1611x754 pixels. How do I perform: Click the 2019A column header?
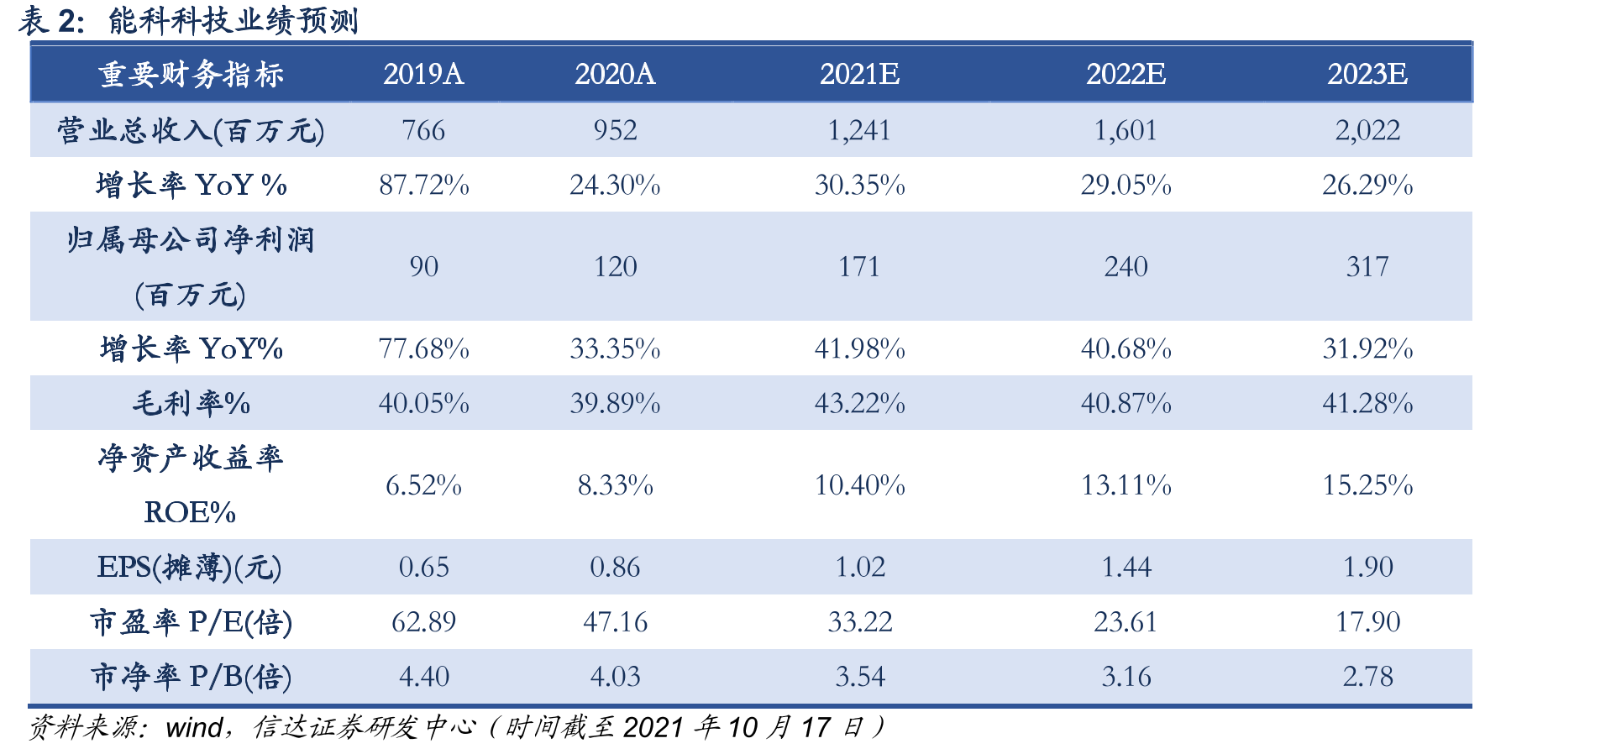[x=423, y=74]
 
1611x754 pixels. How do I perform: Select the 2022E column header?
[x=1126, y=74]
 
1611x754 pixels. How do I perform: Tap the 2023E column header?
[x=1367, y=74]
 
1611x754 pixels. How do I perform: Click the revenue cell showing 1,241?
[x=859, y=130]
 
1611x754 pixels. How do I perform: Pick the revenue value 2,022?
[x=1367, y=130]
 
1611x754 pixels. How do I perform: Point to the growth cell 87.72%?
[x=423, y=185]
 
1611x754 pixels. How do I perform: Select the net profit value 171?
[x=859, y=267]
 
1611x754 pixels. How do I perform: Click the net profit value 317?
[x=1367, y=267]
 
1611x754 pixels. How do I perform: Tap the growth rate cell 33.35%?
[x=615, y=348]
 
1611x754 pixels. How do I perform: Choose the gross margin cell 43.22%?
[x=859, y=403]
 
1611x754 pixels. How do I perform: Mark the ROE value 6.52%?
[x=423, y=485]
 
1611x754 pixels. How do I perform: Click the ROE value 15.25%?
[x=1367, y=485]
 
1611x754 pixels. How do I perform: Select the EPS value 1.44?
[x=1126, y=567]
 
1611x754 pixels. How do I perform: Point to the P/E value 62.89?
[x=423, y=622]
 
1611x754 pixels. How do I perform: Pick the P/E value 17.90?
[x=1367, y=622]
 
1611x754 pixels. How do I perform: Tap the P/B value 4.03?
[x=615, y=677]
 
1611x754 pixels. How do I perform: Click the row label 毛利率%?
[x=192, y=404]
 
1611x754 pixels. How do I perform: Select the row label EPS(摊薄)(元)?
[x=190, y=568]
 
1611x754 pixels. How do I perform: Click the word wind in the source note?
[x=195, y=727]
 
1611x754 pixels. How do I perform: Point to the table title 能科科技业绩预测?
[x=234, y=20]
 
